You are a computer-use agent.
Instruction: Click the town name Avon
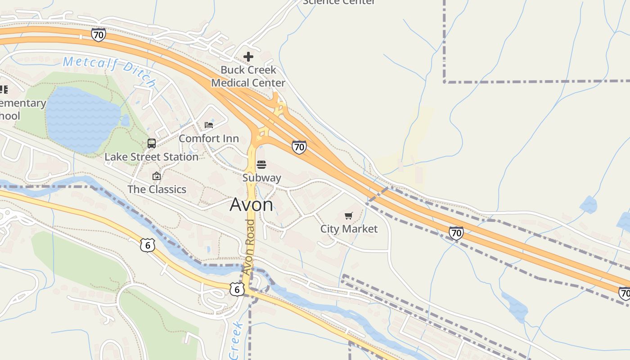pos(251,205)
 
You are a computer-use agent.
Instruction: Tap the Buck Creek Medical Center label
pos(248,76)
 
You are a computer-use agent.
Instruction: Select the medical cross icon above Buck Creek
pos(248,57)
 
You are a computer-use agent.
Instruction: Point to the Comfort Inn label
pos(209,139)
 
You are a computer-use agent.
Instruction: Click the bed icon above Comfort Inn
pos(209,125)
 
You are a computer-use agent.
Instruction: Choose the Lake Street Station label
pos(151,157)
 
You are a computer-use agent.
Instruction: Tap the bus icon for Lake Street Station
pos(152,144)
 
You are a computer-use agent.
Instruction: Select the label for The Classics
pos(157,189)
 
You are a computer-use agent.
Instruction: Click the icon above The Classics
pos(157,176)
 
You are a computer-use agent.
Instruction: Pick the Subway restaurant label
pos(261,178)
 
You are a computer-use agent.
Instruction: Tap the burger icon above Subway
pos(261,165)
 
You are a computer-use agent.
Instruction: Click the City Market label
pos(349,229)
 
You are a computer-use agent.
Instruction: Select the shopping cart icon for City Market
pos(349,216)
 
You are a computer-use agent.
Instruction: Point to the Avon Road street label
pos(249,247)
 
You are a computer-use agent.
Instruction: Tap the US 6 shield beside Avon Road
pos(237,289)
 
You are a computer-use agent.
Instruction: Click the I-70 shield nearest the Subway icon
pos(299,147)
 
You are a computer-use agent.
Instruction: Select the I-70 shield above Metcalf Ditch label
pos(98,35)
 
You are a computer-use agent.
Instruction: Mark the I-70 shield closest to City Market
pos(456,233)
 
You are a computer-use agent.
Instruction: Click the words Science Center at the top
pos(339,2)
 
